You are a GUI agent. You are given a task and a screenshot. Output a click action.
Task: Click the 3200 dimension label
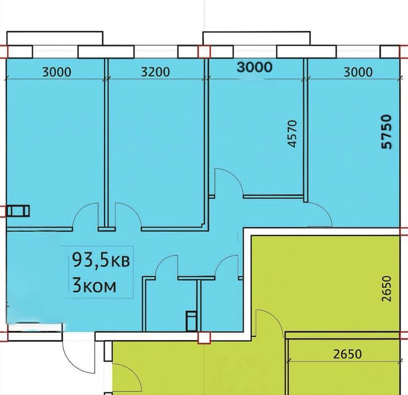(155, 72)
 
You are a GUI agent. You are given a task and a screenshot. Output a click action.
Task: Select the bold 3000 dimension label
(255, 67)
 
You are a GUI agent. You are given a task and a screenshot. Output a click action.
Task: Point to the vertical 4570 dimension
(293, 134)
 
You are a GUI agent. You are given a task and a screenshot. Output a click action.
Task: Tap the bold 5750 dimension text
(386, 132)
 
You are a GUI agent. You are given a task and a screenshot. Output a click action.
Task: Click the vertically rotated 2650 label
(387, 289)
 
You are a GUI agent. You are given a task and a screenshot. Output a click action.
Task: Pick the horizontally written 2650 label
(348, 354)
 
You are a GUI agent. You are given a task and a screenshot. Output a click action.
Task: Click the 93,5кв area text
(101, 260)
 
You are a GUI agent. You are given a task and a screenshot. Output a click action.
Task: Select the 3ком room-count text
(94, 285)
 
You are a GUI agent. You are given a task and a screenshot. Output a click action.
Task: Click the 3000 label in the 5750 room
(358, 72)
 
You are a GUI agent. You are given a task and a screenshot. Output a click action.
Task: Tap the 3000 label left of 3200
(57, 72)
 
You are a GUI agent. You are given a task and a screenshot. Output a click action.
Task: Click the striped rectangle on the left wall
(18, 211)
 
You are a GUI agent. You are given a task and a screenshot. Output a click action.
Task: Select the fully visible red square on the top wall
(204, 52)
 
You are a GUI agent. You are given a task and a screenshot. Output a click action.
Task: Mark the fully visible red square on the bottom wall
(204, 338)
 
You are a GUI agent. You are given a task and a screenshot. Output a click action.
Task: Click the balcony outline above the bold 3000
(257, 38)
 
